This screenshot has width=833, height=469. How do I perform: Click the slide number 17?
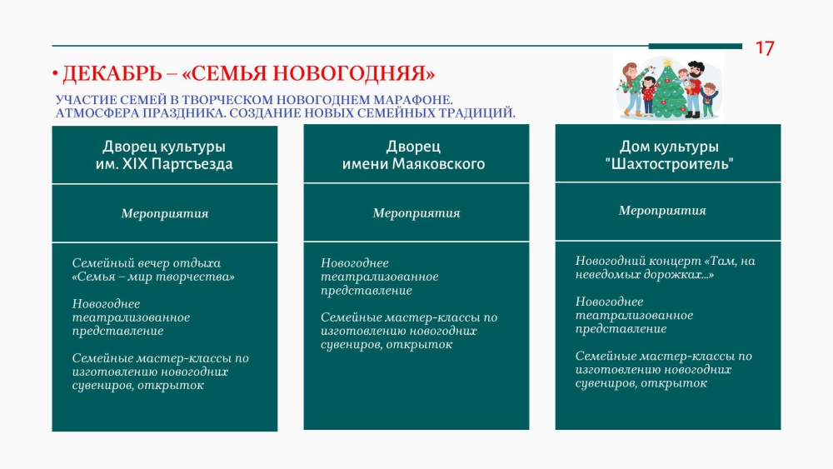765,48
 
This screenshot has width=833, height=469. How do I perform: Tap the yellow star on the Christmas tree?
667,63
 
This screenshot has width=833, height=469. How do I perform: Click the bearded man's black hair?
696,66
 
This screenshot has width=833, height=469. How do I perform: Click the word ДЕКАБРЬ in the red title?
112,73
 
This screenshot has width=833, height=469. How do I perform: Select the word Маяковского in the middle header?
438,163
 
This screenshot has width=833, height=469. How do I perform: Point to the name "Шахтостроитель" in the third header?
669,163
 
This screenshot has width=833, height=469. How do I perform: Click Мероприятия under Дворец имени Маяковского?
416,213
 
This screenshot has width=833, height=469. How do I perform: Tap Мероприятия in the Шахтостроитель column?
662,211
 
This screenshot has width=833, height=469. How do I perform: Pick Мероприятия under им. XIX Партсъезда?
165,213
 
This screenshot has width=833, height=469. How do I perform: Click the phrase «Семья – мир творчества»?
153,277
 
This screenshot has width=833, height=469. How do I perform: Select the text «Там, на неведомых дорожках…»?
665,267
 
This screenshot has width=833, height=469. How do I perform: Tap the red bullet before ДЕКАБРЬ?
55,73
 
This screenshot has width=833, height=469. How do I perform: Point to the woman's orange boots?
633,112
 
